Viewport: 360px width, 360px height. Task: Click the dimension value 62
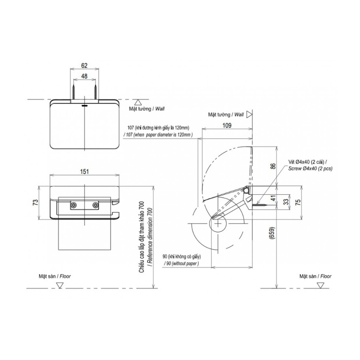point(84,66)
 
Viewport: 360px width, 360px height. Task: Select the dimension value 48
point(84,76)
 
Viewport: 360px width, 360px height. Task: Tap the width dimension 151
point(84,172)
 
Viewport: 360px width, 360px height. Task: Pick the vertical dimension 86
point(273,166)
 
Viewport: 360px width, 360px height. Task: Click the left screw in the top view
point(73,91)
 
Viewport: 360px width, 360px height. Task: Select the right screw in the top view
point(96,91)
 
